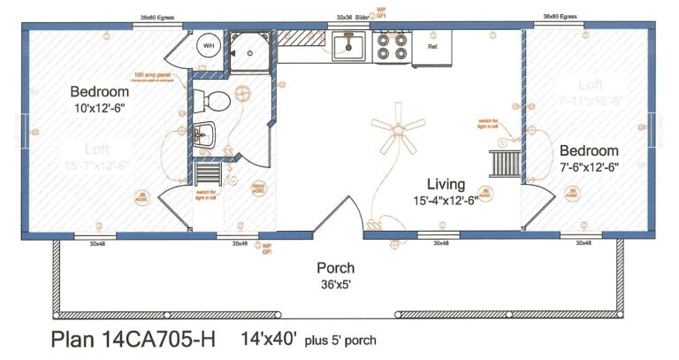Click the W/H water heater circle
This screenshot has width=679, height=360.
(x=209, y=46)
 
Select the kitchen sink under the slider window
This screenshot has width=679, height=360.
(x=352, y=46)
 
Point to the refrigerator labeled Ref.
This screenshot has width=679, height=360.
(x=432, y=47)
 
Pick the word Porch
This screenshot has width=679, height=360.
(x=335, y=268)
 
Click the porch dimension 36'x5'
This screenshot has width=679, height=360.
(x=335, y=284)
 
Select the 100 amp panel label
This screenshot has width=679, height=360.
(x=152, y=75)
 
